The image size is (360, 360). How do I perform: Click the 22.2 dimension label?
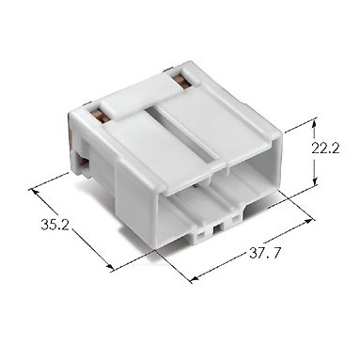tap(325, 149)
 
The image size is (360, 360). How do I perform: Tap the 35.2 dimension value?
tap(55, 225)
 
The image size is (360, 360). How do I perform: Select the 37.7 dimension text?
tap(265, 253)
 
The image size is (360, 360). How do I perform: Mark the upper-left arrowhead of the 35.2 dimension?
tap(34, 192)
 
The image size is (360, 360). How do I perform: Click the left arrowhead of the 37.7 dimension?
tap(196, 278)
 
